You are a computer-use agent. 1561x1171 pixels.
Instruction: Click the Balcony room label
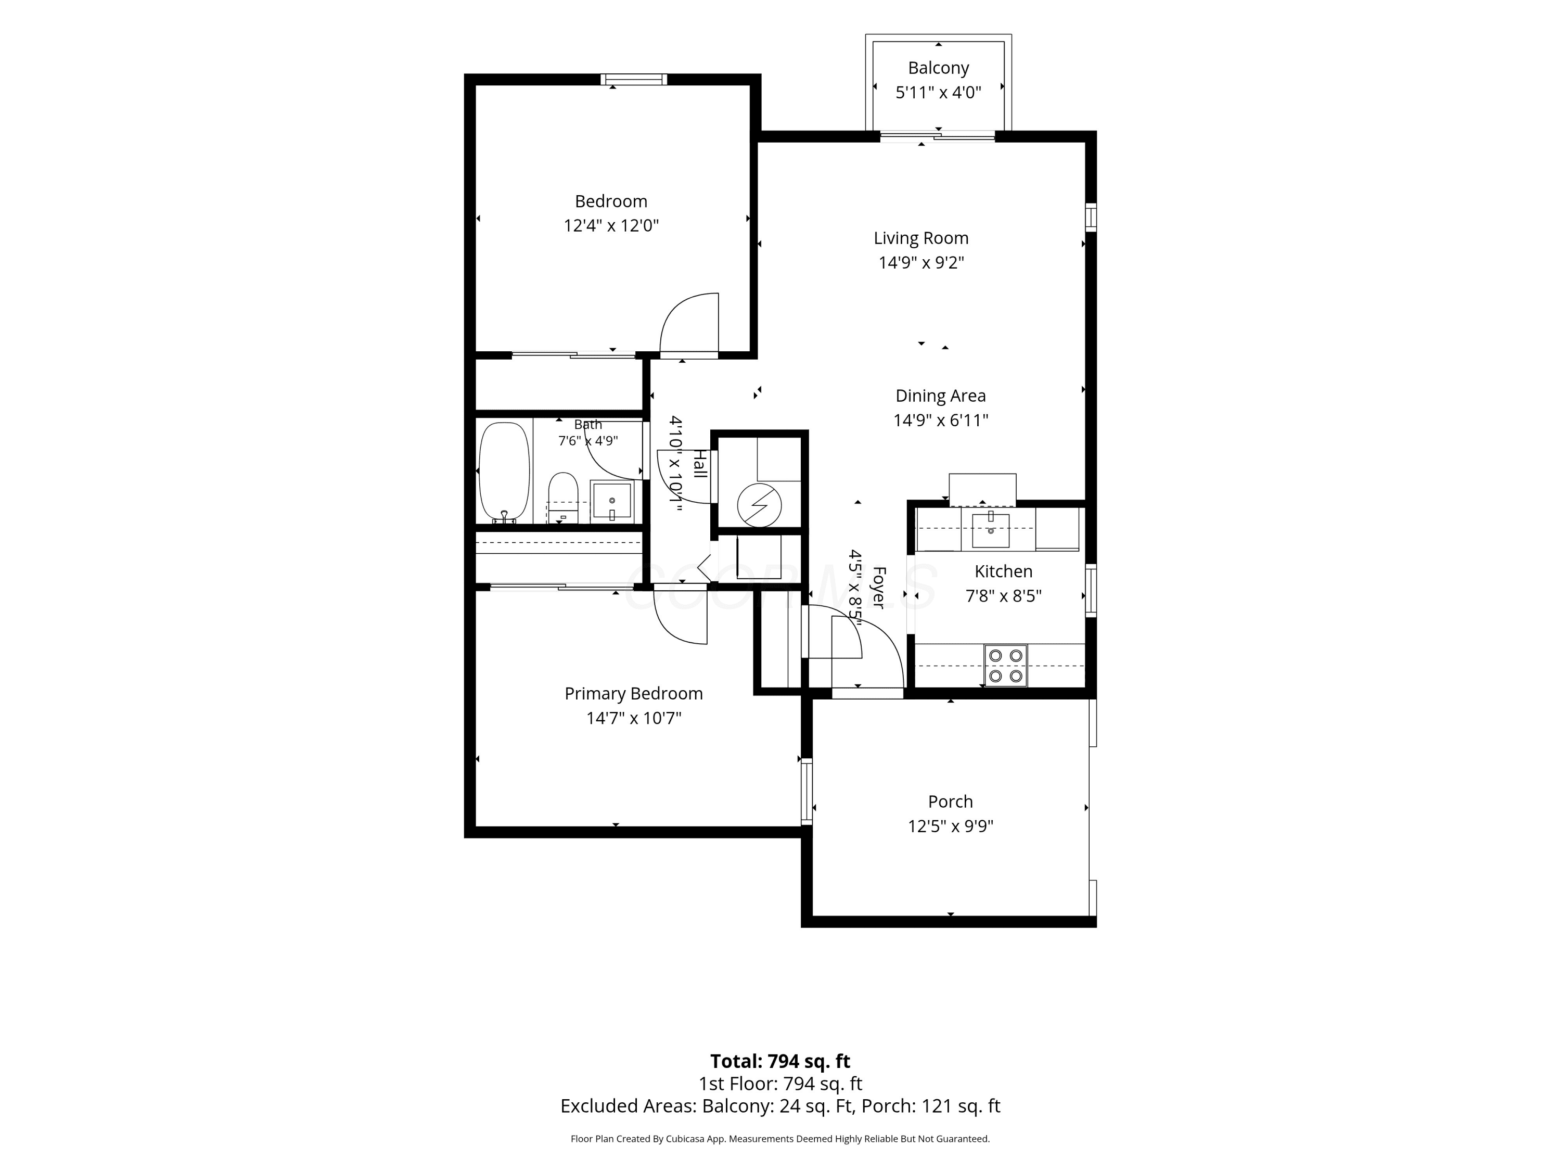(x=938, y=68)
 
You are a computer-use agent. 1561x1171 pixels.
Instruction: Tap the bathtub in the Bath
(x=504, y=472)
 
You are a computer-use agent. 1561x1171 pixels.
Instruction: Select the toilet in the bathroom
(x=563, y=498)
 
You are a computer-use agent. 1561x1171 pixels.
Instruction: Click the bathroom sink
(x=612, y=501)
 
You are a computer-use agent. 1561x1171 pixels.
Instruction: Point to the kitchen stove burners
(x=1006, y=666)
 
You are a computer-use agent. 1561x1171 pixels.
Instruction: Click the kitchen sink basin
(x=991, y=531)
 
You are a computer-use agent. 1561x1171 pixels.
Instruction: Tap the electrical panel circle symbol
(x=759, y=505)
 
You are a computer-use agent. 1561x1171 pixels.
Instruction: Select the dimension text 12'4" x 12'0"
(x=611, y=226)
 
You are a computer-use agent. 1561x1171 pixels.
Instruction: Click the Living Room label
(x=921, y=238)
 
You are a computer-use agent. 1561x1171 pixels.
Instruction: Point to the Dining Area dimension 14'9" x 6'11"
(x=941, y=421)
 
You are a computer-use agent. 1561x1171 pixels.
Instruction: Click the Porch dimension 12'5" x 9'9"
(x=951, y=826)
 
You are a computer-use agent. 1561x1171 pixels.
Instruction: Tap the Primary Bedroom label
(x=634, y=694)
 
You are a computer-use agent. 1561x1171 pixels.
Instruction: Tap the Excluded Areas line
(x=780, y=1106)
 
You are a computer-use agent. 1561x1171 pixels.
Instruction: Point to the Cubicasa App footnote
(x=780, y=1139)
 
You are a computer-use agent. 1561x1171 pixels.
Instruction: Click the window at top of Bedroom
(x=634, y=79)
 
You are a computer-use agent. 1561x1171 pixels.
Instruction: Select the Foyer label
(x=879, y=587)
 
